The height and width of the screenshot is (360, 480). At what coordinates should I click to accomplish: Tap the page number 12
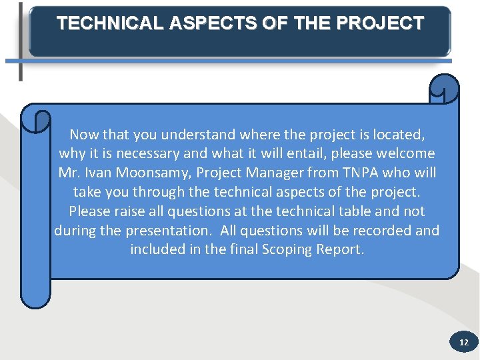464,343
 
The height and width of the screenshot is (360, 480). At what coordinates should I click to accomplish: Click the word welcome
404,153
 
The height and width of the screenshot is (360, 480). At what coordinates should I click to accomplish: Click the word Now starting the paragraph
84,134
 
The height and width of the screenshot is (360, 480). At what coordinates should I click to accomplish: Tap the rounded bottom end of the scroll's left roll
35,299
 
